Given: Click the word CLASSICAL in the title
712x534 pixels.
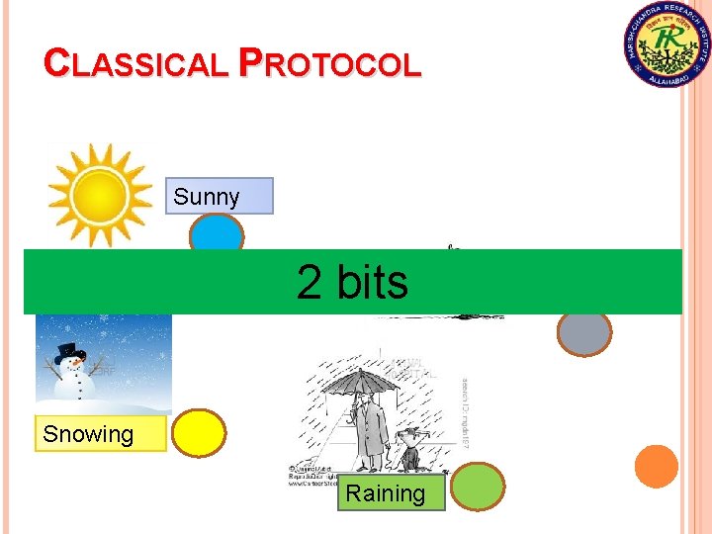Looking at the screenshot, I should coord(136,65).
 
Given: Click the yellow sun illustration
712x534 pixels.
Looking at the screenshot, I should coord(101,196).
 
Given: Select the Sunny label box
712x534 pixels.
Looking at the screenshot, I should coord(218,197).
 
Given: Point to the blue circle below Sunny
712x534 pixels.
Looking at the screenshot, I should coord(217,235).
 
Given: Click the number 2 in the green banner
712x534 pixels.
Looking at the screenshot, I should coord(310,283).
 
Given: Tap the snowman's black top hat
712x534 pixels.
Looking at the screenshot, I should coord(70,350).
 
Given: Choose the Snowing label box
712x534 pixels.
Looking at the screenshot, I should coord(100,434).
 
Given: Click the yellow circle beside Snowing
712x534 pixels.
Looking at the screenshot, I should coord(199,432).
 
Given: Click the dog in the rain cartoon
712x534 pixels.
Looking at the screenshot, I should coord(407,449).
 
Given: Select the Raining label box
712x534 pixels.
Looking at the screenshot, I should coord(392,492).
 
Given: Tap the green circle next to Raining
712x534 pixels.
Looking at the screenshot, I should coord(479,487).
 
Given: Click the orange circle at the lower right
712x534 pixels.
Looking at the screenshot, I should coord(656,466).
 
